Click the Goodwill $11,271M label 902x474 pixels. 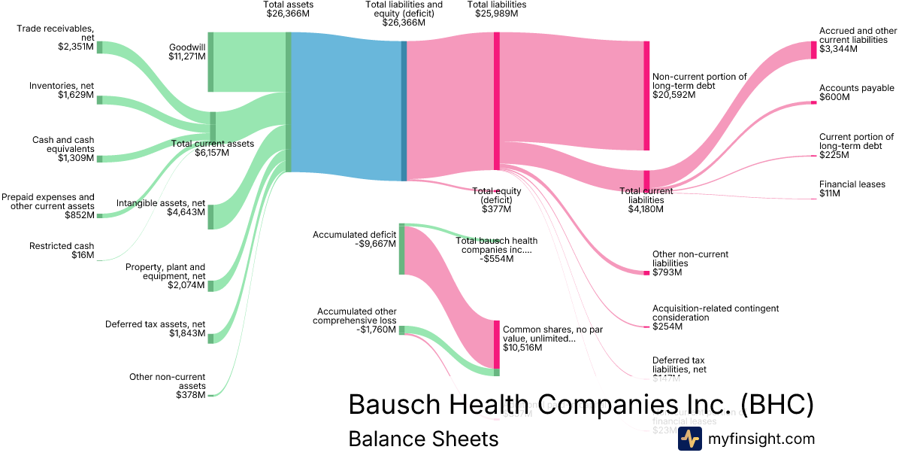tap(187, 52)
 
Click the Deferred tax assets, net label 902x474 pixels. tap(155, 329)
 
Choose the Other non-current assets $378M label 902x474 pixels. tap(167, 385)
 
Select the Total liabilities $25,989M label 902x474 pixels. tap(496, 9)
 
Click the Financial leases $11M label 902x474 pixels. tap(852, 189)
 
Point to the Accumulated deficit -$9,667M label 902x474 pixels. tap(354, 240)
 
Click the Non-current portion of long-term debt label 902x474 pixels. tap(700, 86)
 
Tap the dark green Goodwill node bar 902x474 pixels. tap(210, 62)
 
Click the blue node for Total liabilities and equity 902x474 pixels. tap(404, 111)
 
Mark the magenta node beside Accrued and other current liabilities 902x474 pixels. tap(813, 50)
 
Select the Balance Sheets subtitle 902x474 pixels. tap(423, 439)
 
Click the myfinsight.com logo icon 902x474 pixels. tap(689, 439)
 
